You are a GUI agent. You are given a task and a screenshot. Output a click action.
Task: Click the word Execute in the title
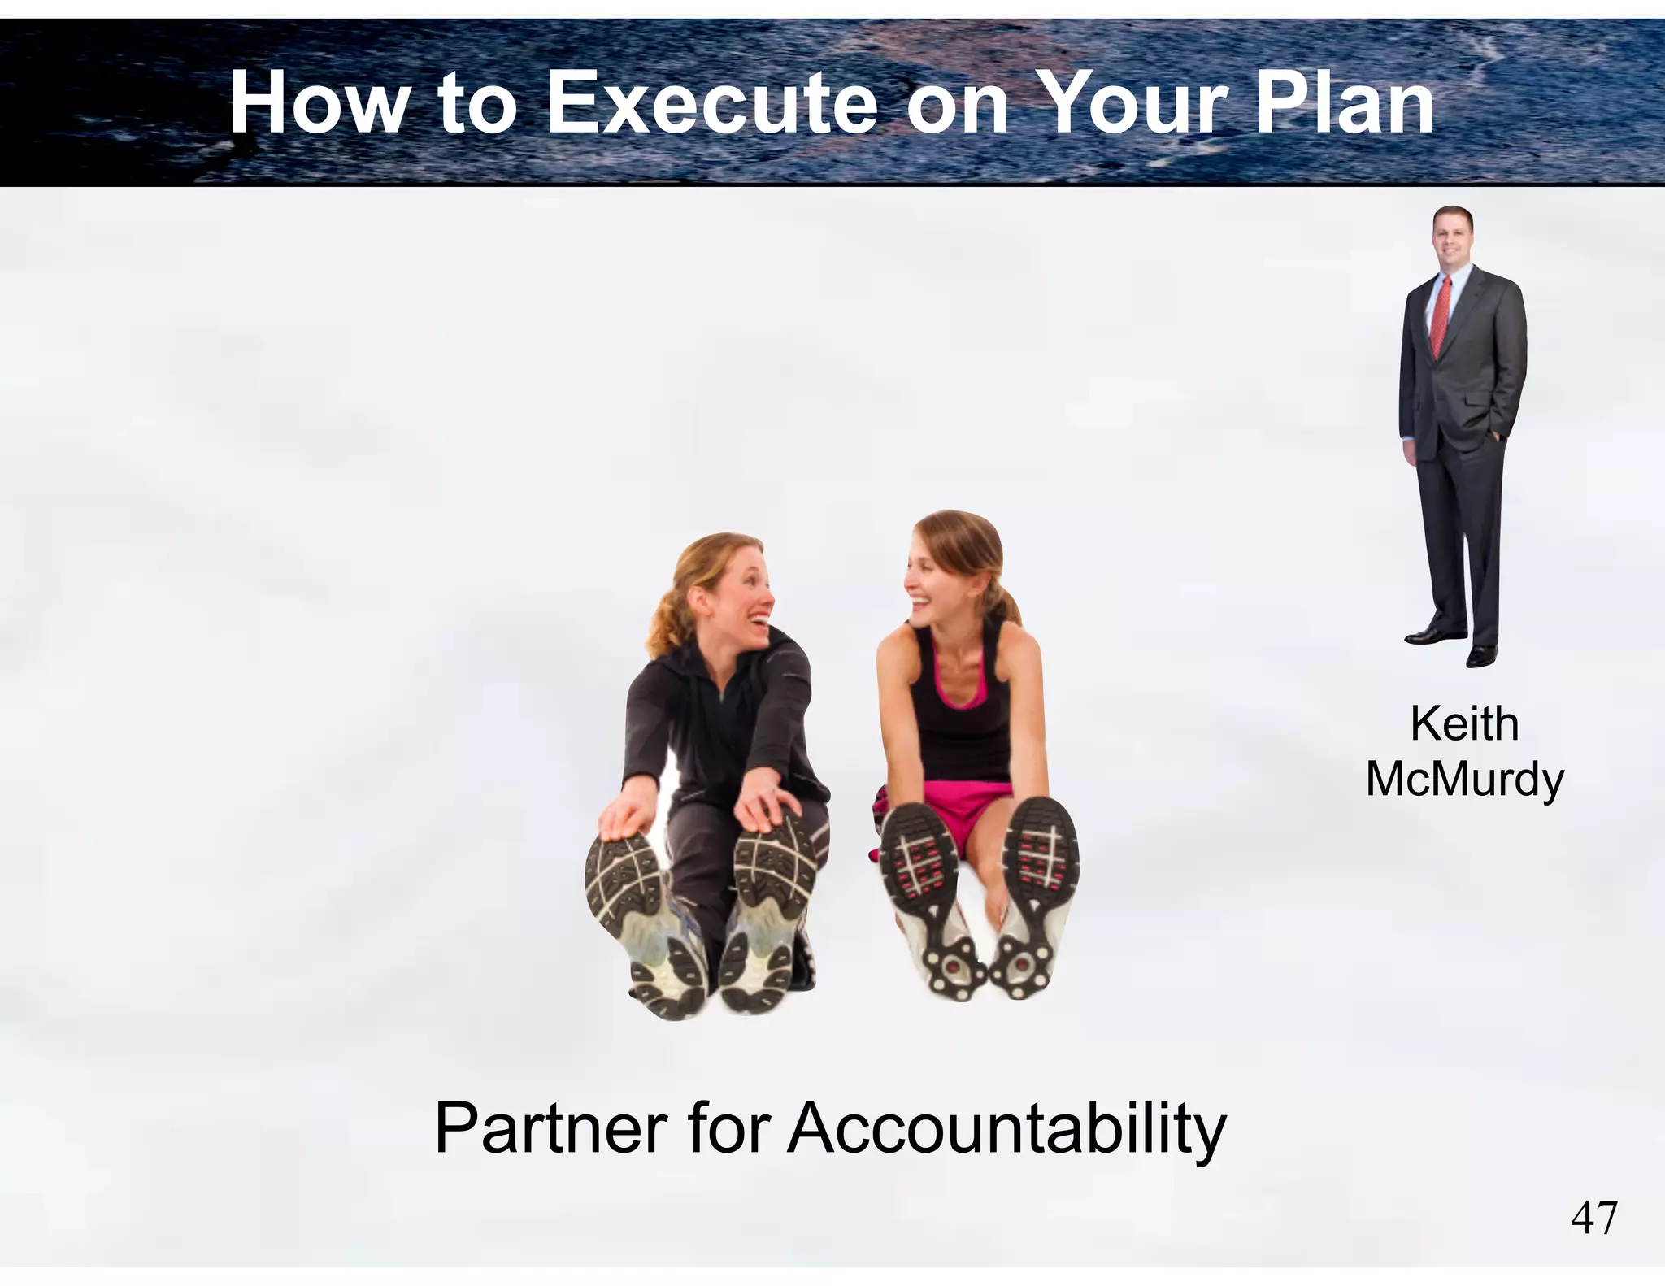[712, 104]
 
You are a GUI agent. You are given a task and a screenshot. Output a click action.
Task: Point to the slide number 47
[1594, 1218]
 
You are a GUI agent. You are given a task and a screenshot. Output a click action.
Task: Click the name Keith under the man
[1464, 723]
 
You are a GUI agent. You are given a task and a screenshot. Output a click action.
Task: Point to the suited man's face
[1451, 236]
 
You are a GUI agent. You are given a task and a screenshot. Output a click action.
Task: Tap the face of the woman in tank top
[935, 577]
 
